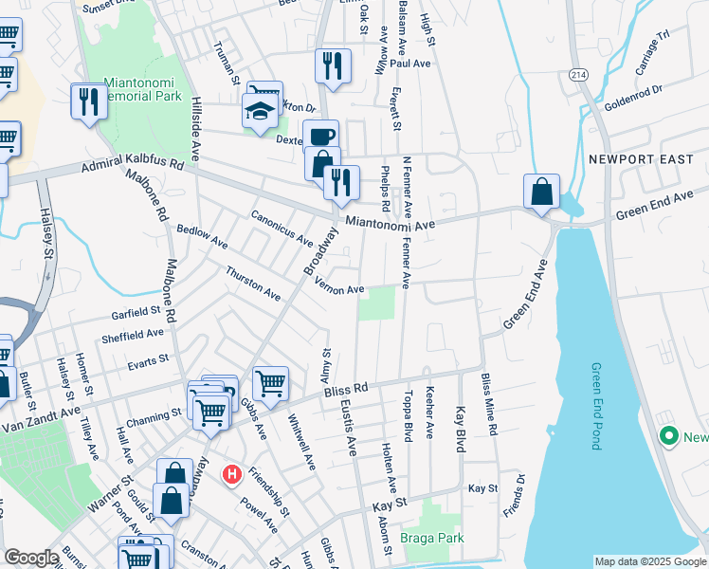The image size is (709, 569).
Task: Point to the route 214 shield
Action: pos(577,74)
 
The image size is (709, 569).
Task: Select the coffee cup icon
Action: pos(320,136)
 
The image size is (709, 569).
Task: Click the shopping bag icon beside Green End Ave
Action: pos(540,191)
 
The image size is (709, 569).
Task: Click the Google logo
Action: pos(31,558)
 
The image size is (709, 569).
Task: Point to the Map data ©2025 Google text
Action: pos(650,561)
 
